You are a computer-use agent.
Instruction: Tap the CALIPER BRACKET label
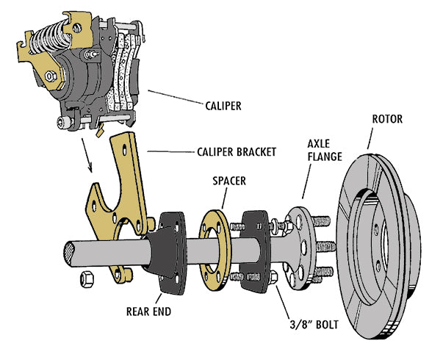237,152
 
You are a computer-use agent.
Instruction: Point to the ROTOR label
387,119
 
